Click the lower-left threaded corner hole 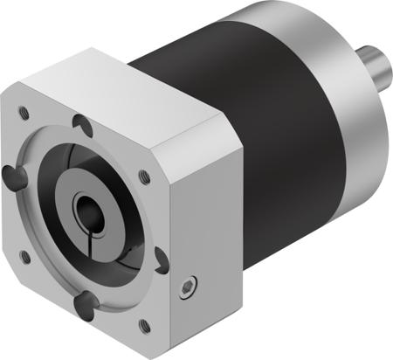coord(24,256)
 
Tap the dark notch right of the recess coord(160,260)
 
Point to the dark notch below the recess coord(85,302)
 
